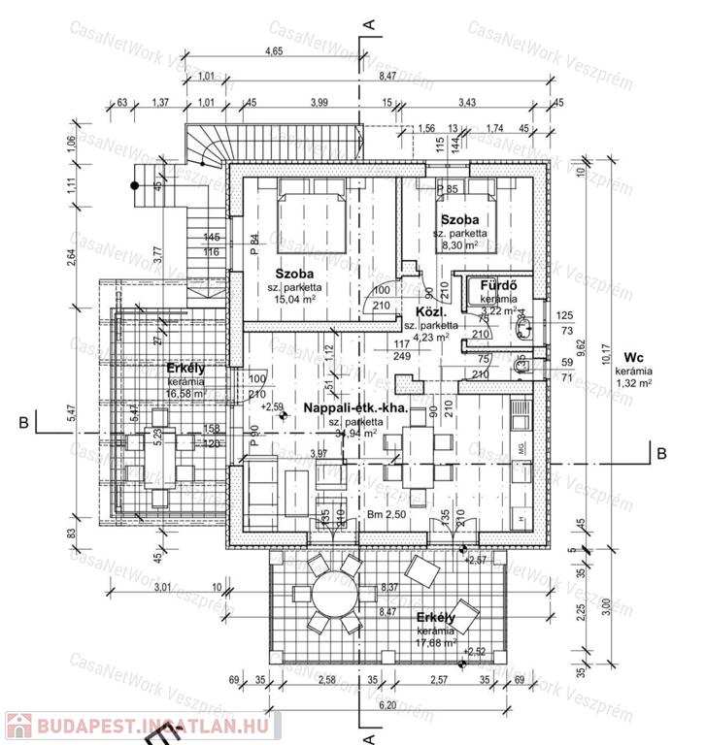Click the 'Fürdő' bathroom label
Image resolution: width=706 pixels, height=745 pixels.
[x=496, y=287]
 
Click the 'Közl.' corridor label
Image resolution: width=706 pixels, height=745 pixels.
[x=430, y=312]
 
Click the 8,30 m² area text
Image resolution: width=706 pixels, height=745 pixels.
[x=461, y=246]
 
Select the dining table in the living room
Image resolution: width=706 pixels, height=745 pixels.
[x=418, y=450]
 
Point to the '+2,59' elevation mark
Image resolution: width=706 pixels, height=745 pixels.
[x=272, y=406]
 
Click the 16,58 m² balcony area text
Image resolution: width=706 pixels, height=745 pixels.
[x=185, y=394]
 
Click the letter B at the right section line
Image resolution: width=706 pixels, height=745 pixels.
[x=659, y=452]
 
